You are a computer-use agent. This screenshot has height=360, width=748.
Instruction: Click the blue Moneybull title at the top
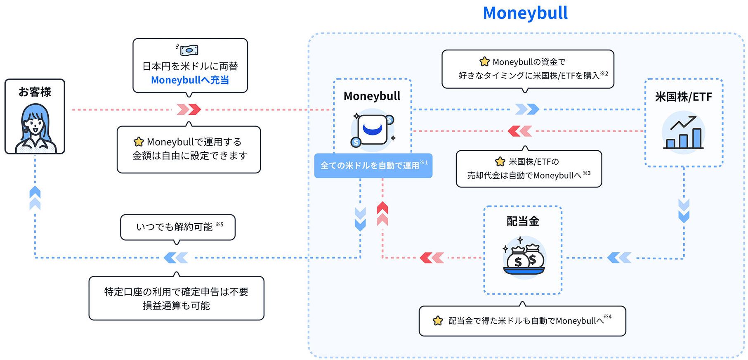tap(525, 13)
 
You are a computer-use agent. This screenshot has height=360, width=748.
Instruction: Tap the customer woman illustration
tap(35, 128)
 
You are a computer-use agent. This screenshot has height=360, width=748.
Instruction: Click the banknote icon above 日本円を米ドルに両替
tap(189, 50)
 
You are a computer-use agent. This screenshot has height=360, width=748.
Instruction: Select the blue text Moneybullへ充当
tap(190, 80)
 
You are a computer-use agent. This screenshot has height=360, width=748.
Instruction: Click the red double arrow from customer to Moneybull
tap(189, 109)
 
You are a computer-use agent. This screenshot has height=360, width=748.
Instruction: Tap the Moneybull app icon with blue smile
tap(373, 130)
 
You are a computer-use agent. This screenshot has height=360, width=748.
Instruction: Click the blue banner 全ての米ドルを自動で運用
tap(373, 166)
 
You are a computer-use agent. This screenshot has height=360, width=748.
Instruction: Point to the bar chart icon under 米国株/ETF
tap(683, 133)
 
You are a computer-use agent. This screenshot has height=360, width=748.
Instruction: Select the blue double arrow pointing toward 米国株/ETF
tap(527, 109)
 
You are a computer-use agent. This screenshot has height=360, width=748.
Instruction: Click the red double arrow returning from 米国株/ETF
tap(520, 131)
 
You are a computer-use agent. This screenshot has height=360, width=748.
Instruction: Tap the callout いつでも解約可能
tap(178, 227)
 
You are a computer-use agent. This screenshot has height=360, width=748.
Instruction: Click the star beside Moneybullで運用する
tap(139, 142)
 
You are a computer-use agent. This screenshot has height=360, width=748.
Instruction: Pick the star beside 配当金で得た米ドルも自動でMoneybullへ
tap(438, 321)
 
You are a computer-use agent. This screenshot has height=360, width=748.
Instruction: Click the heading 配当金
tap(523, 221)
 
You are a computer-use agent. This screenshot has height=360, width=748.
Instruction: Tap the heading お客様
tap(35, 92)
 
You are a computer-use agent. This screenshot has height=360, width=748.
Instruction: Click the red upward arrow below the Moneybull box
tap(382, 213)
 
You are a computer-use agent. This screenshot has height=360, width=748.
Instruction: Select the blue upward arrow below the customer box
tap(35, 198)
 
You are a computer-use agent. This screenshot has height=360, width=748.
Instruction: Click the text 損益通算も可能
tap(176, 306)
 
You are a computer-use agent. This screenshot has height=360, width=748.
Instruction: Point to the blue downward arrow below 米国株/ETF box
tap(684, 211)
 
